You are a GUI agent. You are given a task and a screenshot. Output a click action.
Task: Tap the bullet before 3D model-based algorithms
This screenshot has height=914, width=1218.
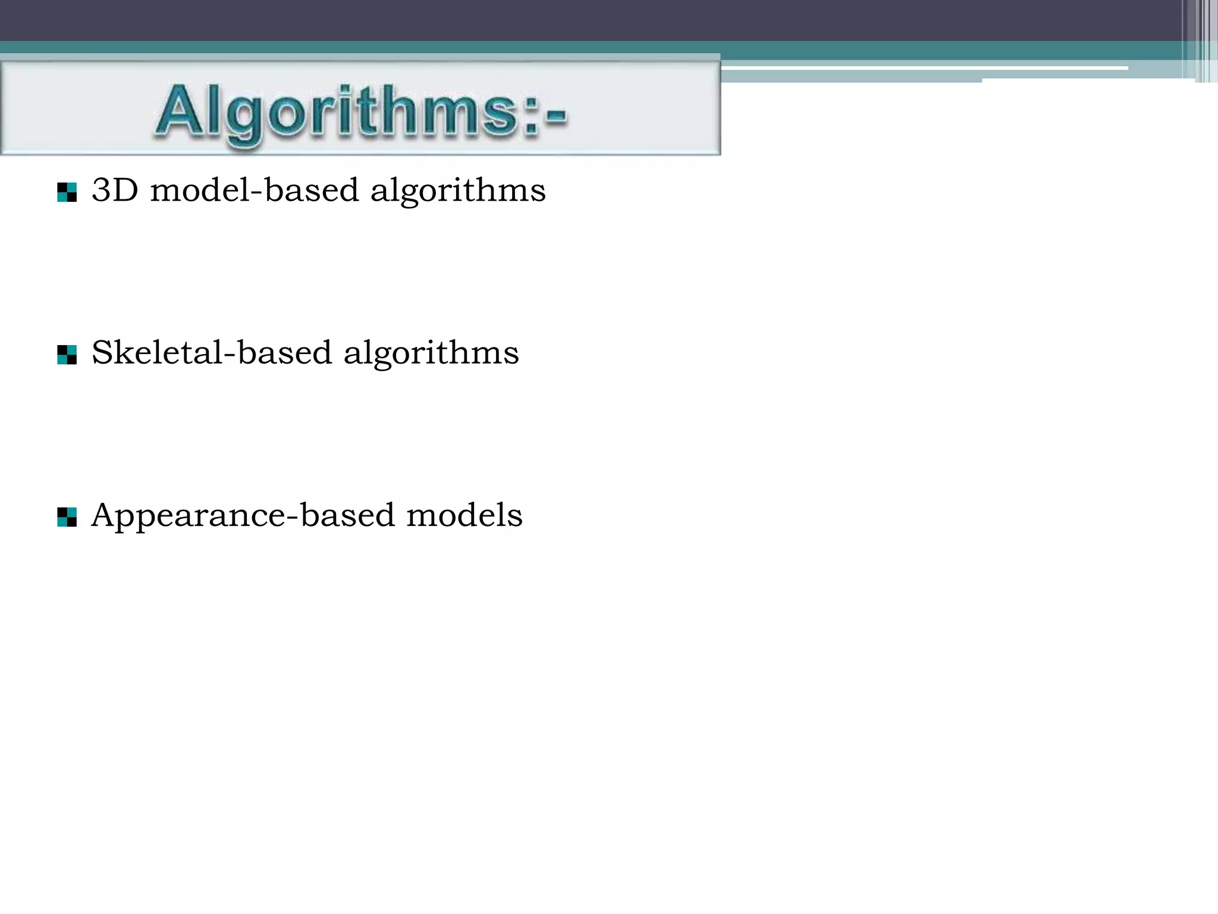click(x=67, y=192)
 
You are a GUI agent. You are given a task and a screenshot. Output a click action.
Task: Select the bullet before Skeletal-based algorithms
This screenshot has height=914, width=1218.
click(x=67, y=355)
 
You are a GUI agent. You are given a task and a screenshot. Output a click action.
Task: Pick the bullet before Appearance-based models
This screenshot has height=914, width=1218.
click(x=67, y=517)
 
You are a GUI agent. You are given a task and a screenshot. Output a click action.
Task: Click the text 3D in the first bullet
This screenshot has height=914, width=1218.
click(x=115, y=190)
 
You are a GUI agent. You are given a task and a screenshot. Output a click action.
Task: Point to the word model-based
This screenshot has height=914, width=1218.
click(x=255, y=190)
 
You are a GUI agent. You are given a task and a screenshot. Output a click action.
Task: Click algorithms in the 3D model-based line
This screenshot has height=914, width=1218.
click(x=458, y=192)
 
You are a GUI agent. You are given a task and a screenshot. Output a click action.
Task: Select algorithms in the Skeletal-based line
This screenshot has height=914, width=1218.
click(x=431, y=353)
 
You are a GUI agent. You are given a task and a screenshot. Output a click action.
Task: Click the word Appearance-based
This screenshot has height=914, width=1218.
click(x=243, y=515)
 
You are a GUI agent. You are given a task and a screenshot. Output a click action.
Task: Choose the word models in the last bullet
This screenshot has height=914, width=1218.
click(x=464, y=515)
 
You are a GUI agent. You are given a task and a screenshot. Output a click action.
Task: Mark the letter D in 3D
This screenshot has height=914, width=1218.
click(x=126, y=190)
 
